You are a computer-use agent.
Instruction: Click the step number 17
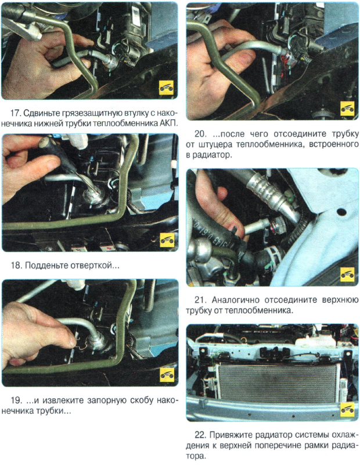pyautogui.click(x=15, y=113)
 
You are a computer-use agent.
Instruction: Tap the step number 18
pyautogui.click(x=16, y=265)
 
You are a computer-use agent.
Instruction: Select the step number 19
pyautogui.click(x=16, y=400)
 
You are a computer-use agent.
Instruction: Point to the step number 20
pyautogui.click(x=200, y=134)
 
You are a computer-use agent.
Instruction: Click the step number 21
pyautogui.click(x=200, y=300)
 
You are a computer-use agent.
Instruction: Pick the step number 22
pyautogui.click(x=200, y=435)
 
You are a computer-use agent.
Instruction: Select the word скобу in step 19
pyautogui.click(x=141, y=400)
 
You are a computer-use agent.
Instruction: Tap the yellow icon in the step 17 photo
pyautogui.click(x=166, y=88)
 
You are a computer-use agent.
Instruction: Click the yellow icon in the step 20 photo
pyautogui.click(x=347, y=108)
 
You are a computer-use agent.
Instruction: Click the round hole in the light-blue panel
pyautogui.click(x=341, y=212)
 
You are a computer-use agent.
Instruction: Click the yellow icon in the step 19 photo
pyautogui.click(x=167, y=375)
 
